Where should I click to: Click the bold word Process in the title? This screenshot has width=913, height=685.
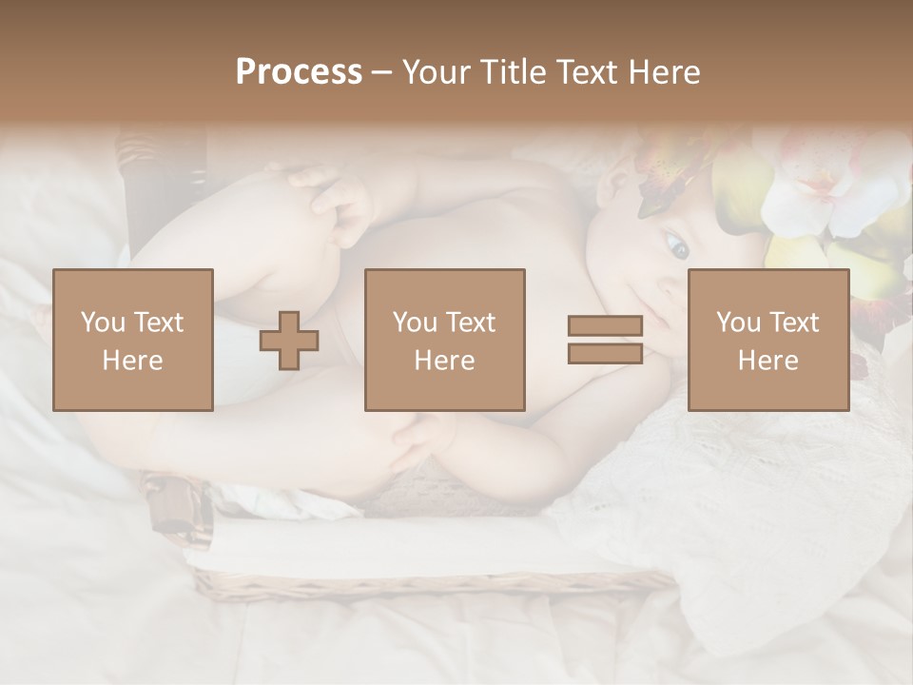click(x=299, y=72)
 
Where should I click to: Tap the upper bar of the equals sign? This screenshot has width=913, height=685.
click(x=605, y=325)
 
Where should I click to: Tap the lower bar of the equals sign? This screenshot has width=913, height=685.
click(x=605, y=353)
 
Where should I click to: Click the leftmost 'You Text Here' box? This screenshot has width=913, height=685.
click(x=133, y=340)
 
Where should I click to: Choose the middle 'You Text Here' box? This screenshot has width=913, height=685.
click(x=445, y=340)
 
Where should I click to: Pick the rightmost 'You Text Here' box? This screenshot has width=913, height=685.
click(x=768, y=340)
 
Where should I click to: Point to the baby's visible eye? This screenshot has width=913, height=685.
click(x=676, y=247)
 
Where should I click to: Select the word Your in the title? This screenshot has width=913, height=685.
click(x=435, y=72)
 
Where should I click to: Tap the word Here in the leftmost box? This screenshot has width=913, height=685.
click(x=133, y=361)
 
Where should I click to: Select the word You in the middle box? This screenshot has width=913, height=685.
click(x=415, y=323)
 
